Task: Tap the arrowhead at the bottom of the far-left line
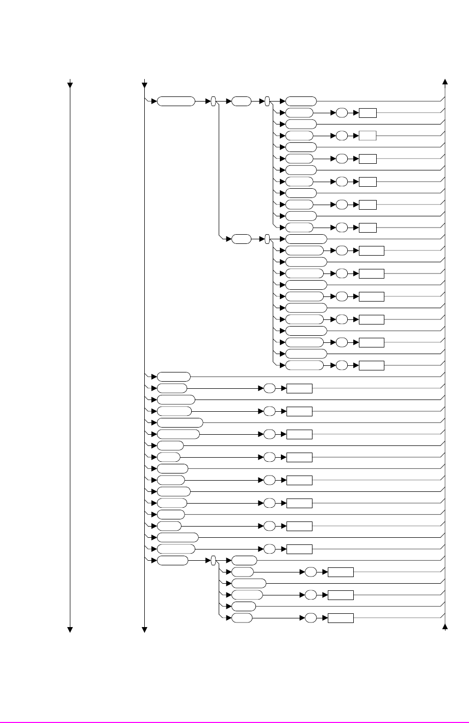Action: click(x=70, y=629)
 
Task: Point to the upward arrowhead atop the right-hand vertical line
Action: click(x=446, y=82)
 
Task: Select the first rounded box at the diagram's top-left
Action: click(x=176, y=101)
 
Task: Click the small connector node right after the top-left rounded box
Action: click(x=214, y=101)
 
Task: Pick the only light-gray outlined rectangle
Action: click(x=368, y=135)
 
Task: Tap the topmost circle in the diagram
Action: click(x=342, y=113)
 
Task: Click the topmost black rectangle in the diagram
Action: click(x=368, y=113)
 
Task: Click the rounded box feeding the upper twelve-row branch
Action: click(x=241, y=101)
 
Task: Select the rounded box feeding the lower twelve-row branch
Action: click(x=241, y=239)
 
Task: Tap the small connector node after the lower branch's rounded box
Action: click(x=267, y=239)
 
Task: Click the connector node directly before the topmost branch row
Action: click(x=267, y=101)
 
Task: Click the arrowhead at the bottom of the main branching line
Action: click(x=145, y=629)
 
